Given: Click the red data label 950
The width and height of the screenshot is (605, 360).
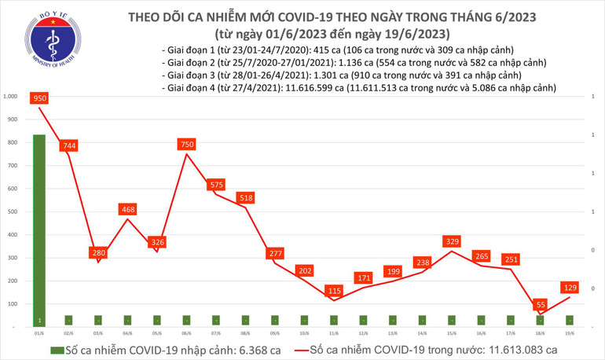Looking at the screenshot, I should point(39,98).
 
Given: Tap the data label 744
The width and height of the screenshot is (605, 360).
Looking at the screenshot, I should point(68,145).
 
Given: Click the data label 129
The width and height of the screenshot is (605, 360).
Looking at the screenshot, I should point(570,288).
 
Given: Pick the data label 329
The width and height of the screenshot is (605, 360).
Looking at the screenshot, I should point(452,241).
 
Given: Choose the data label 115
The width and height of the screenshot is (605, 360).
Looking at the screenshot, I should point(334,290).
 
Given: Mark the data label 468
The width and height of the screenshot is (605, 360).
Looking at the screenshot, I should point(128,209).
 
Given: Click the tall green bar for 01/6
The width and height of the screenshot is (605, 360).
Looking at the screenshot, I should point(39,228).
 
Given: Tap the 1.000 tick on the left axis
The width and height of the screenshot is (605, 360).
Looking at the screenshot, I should point(11,97).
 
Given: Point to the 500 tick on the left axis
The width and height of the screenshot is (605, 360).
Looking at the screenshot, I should point(13,211).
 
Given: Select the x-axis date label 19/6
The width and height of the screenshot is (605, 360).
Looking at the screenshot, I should point(570,333).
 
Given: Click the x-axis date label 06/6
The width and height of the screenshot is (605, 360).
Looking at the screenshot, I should point(187,333).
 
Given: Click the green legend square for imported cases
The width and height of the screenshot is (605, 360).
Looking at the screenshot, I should point(57,349).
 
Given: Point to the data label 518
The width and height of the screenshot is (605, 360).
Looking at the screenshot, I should point(246,198).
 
